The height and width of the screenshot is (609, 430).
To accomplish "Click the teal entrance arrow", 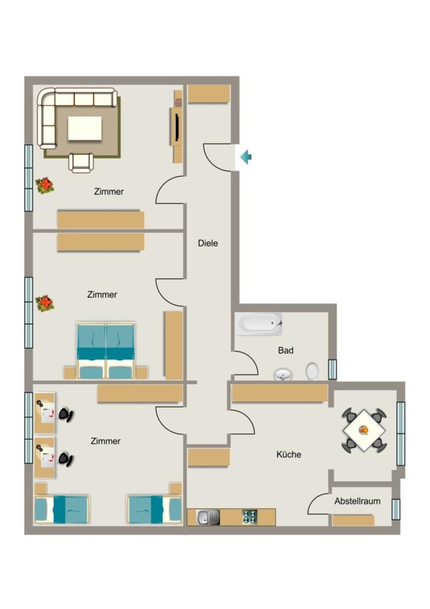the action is (x=246, y=157).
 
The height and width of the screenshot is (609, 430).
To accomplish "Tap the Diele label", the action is (x=208, y=243).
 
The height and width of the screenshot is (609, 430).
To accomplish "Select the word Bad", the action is (x=285, y=350).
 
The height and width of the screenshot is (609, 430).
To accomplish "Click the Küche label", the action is (x=288, y=454).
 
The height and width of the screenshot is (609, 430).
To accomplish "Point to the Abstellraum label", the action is (x=357, y=501).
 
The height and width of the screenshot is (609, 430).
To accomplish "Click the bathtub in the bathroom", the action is (x=259, y=324).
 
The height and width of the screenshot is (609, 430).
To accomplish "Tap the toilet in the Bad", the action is (x=312, y=371).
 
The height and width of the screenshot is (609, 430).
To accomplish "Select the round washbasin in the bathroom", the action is (x=283, y=375).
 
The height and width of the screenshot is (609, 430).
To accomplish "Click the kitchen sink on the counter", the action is (x=209, y=517).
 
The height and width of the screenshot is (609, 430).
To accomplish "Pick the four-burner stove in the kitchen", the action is (x=250, y=517).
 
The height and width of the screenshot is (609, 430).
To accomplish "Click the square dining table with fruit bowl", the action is (x=364, y=431).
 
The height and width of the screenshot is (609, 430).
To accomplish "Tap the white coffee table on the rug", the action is (x=85, y=128).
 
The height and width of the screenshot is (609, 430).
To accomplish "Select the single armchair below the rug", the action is (x=81, y=163).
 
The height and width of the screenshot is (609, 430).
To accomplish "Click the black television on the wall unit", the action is (x=177, y=127).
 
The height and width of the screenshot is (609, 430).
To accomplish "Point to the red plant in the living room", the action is (x=45, y=186).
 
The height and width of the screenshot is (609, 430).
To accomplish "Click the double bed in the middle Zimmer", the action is (x=106, y=350).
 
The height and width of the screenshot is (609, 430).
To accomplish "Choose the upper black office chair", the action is (x=65, y=415).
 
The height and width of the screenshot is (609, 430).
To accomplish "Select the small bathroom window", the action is (x=332, y=369).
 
